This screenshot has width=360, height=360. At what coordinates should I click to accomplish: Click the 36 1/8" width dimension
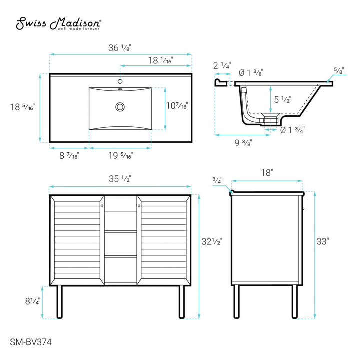coord(120,48)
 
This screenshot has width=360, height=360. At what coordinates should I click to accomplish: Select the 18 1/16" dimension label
coord(160,60)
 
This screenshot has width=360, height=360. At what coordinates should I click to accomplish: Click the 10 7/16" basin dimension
coord(177,106)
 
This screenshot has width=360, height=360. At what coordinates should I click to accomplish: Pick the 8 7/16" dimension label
coord(69,156)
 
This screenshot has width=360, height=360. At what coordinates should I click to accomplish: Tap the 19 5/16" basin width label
coord(120,156)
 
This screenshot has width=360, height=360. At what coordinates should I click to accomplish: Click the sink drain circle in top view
coord(120,106)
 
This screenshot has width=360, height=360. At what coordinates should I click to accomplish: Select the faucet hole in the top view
coord(120,81)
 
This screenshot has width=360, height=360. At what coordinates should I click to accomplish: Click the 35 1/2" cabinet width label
coord(120,178)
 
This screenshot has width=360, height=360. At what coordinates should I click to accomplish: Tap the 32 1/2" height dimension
coord(212,241)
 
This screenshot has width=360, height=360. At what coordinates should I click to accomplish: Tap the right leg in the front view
coord(182,301)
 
